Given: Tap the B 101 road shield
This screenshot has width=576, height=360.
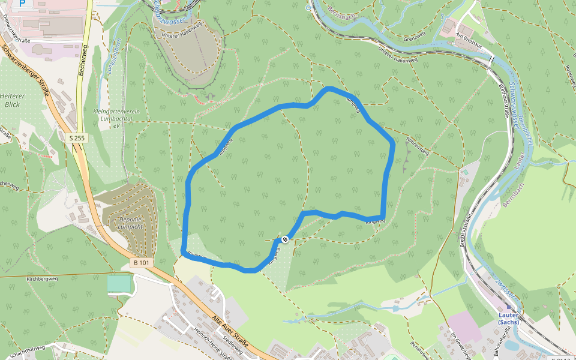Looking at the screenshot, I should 141,263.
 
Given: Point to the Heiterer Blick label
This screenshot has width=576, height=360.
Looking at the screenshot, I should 12,100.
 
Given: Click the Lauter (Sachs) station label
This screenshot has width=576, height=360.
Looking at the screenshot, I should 508,318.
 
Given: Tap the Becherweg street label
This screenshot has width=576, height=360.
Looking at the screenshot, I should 82,60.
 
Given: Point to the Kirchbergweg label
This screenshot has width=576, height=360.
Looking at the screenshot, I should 41,280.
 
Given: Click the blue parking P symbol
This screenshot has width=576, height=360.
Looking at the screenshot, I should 23,3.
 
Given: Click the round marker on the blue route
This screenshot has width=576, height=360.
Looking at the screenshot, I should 285,239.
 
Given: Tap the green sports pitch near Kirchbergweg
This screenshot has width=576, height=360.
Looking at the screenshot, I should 118,284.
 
